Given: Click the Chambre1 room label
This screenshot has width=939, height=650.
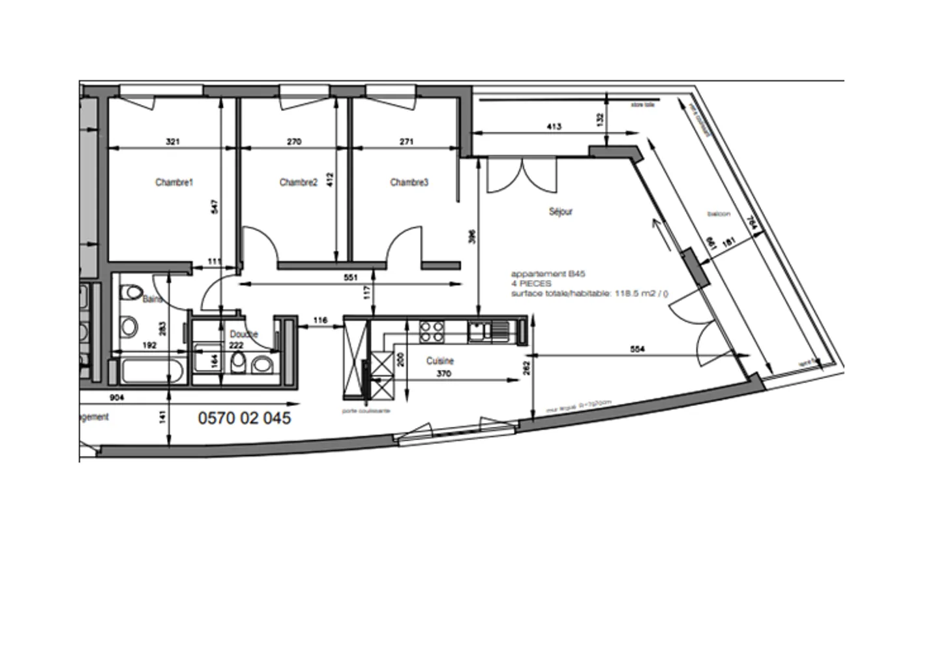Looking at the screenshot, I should [174, 183].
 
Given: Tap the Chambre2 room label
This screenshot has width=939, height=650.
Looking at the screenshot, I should [298, 183].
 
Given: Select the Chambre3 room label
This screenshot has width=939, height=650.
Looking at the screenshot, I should [409, 183].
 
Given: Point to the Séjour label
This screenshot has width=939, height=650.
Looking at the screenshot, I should [560, 212].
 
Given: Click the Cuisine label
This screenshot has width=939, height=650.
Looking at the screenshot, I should [440, 361].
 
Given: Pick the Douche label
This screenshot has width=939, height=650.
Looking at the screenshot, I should [243, 334].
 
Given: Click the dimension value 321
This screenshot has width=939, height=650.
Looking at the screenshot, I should [173, 142].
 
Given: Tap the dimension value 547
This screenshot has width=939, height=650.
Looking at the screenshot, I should [215, 206].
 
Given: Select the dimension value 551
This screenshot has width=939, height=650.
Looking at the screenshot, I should [351, 277].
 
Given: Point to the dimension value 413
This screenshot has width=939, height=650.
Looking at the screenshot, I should [554, 127].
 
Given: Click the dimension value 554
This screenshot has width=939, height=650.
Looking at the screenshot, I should [638, 349].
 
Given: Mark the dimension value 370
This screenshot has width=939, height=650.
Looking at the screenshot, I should [443, 374].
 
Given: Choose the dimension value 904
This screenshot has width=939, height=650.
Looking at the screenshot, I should [117, 397].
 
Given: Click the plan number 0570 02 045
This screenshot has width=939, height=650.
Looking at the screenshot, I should [245, 418].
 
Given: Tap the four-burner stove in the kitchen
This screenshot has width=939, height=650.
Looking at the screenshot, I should [431, 331].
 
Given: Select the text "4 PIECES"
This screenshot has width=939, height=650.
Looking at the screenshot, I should [531, 284].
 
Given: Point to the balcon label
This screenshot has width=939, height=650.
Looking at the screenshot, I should [719, 214].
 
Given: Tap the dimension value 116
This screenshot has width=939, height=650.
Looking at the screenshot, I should [320, 320].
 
